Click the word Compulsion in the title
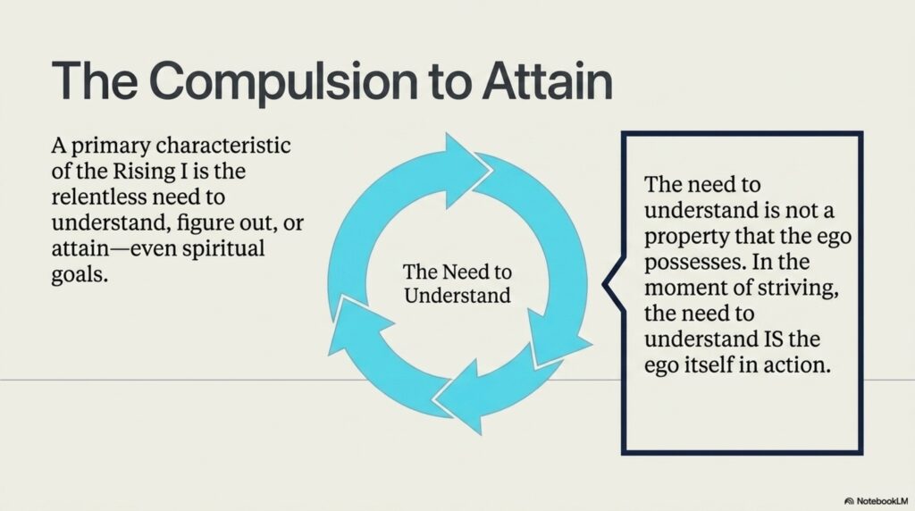coord(286,81)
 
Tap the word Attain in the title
coord(547,81)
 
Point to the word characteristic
coord(223,145)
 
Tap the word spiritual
coord(223,249)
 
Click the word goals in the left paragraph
coord(80,275)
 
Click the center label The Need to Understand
coord(457,283)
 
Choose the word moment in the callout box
coord(679,288)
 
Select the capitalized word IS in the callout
coord(773,339)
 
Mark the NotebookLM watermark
coord(877,501)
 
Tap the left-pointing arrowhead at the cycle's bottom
coord(458,398)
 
